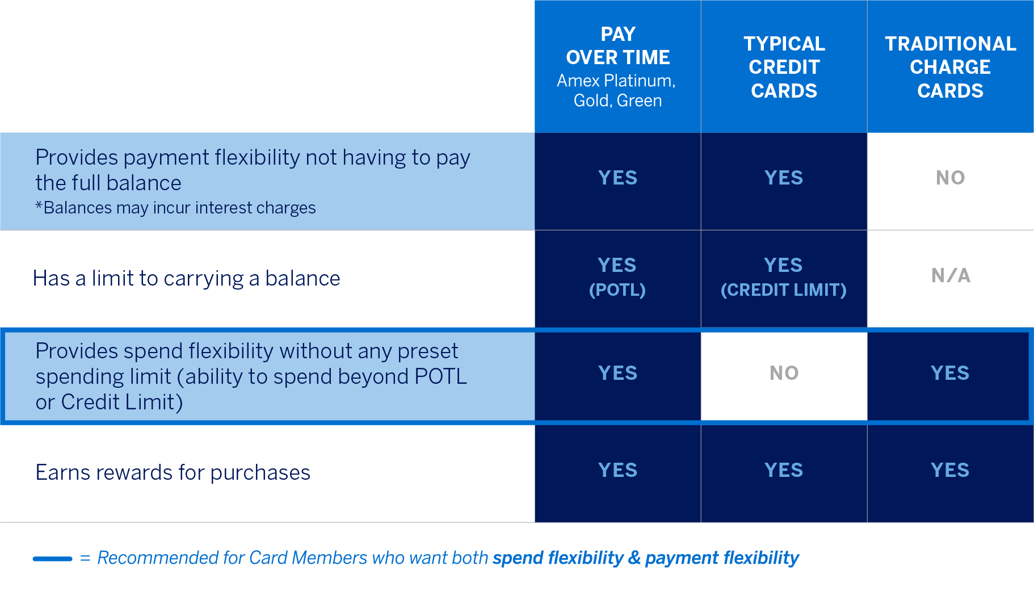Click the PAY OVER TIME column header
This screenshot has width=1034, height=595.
coord(617,45)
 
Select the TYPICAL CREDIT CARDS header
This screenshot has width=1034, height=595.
coord(784,67)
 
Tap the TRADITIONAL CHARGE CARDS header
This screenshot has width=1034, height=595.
coord(950,67)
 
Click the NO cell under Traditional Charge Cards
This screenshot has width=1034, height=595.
coord(950,178)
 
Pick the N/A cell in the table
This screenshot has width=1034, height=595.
coord(951,276)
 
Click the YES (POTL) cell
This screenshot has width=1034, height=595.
coord(617,277)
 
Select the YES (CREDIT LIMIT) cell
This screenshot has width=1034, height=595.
coord(784,277)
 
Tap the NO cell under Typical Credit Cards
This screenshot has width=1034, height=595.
coord(784,373)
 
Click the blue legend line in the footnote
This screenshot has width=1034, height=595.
coord(52,559)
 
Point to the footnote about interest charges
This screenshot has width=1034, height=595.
coord(175,208)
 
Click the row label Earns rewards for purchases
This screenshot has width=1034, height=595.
coord(173,472)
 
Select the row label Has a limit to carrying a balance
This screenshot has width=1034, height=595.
coord(186,278)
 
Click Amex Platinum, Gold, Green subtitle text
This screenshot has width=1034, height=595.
coord(617,91)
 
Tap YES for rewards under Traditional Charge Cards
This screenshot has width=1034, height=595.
coord(950,470)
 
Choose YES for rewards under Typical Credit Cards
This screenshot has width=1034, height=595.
coord(784,470)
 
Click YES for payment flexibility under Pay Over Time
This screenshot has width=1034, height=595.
coord(617,178)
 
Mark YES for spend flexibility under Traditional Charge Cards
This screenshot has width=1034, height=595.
coord(950,373)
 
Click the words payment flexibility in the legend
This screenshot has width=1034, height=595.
coord(722,558)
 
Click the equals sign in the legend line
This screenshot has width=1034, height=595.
coord(85,558)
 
